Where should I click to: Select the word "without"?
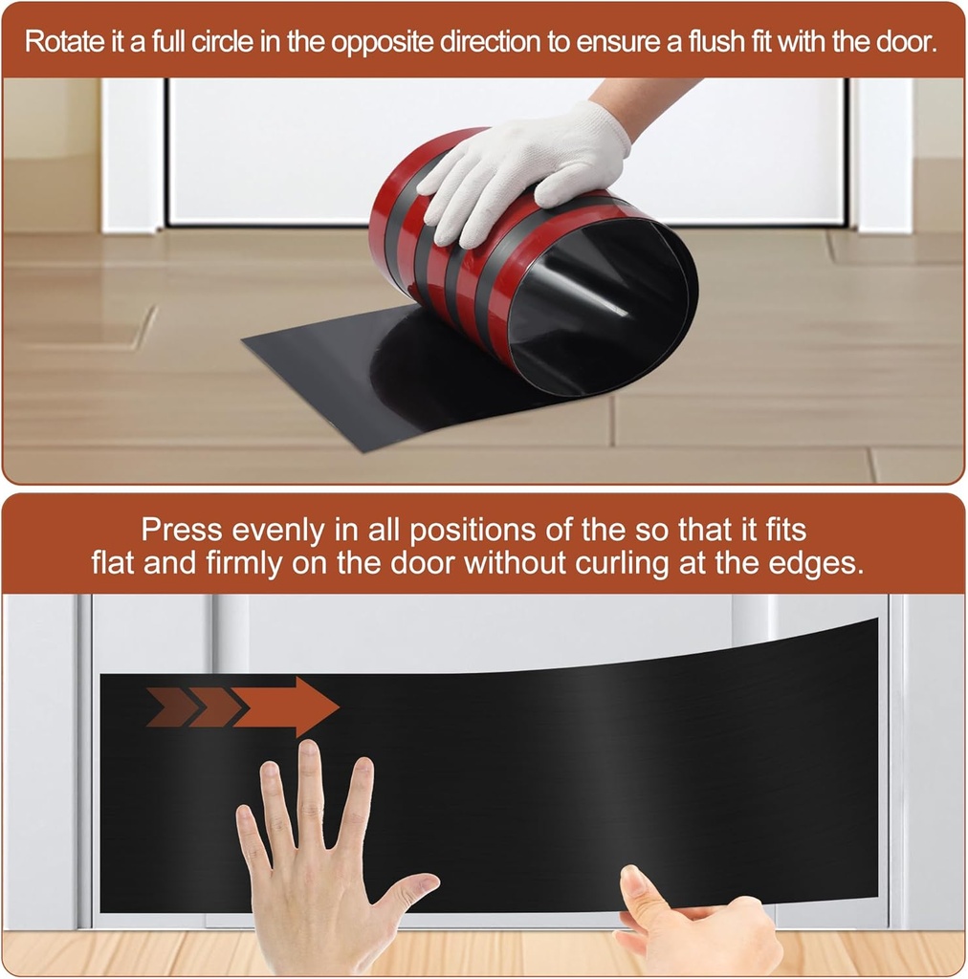(505, 563)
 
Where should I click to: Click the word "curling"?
(622, 563)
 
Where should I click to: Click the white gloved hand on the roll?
(524, 172)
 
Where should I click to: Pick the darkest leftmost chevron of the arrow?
(170, 707)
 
